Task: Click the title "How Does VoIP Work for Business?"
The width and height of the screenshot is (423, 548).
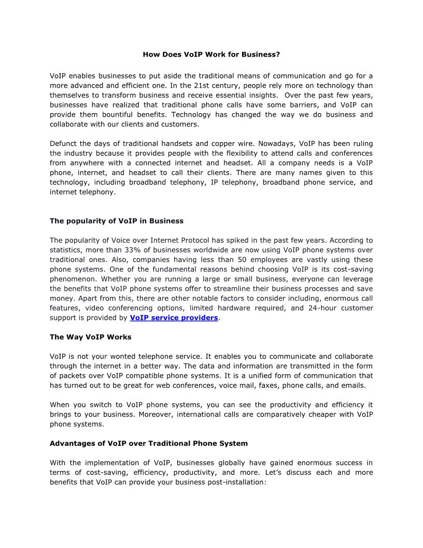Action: [x=212, y=54]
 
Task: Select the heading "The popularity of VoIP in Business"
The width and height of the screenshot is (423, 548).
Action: [x=117, y=221]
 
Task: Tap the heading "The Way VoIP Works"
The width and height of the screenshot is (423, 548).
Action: [x=91, y=337]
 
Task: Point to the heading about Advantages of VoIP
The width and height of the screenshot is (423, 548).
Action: [x=149, y=443]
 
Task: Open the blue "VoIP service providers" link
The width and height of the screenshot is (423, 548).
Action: [x=174, y=318]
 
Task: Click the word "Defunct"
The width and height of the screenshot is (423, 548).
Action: [x=64, y=143]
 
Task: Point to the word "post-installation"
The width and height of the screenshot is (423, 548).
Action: [x=232, y=482]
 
